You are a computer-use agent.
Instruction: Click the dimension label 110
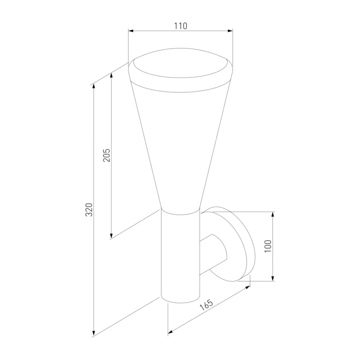pyautogui.click(x=180, y=26)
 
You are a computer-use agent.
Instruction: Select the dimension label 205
pyautogui.click(x=107, y=155)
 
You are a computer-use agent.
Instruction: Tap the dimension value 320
pyautogui.click(x=89, y=210)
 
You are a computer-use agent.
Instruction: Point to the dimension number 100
pyautogui.click(x=268, y=246)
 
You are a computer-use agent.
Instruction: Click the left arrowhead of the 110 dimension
pyautogui.click(x=131, y=31)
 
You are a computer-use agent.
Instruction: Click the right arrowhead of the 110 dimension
pyautogui.click(x=230, y=31)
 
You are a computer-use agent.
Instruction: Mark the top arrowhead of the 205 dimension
pyautogui.click(x=111, y=76)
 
